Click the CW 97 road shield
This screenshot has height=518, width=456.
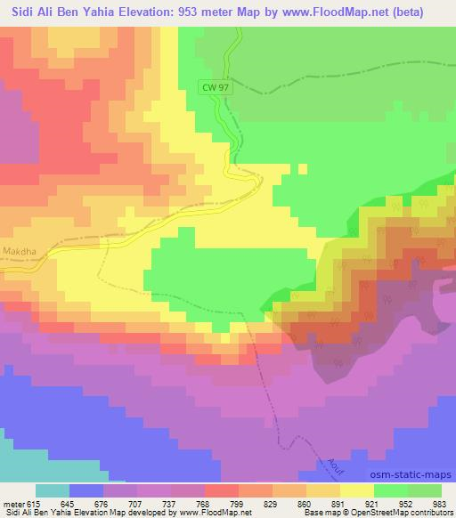tap(214, 85)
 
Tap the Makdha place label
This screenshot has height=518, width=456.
tap(19, 251)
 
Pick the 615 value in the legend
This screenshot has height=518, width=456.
tap(34, 502)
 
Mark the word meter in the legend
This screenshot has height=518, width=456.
tap(12, 502)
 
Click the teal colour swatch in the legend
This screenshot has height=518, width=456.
tap(53, 490)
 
